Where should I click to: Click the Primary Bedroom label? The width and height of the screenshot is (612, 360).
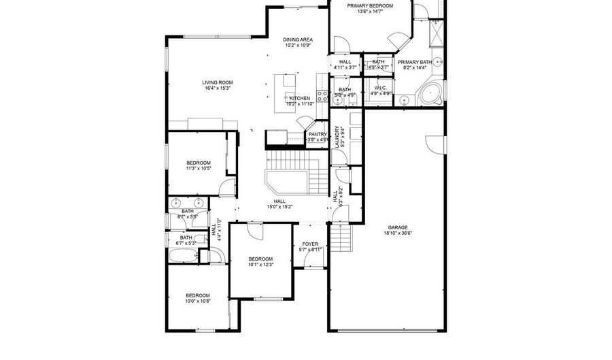(370, 6)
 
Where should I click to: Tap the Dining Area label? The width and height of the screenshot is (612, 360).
(297, 39)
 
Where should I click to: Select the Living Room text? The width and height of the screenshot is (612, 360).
(218, 82)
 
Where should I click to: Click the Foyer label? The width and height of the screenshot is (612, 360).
(310, 244)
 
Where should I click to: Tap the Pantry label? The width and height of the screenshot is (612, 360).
(318, 134)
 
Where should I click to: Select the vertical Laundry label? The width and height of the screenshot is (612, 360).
(336, 137)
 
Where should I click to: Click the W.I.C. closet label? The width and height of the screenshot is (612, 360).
(380, 88)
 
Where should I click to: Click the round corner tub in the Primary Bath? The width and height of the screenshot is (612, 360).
(430, 94)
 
